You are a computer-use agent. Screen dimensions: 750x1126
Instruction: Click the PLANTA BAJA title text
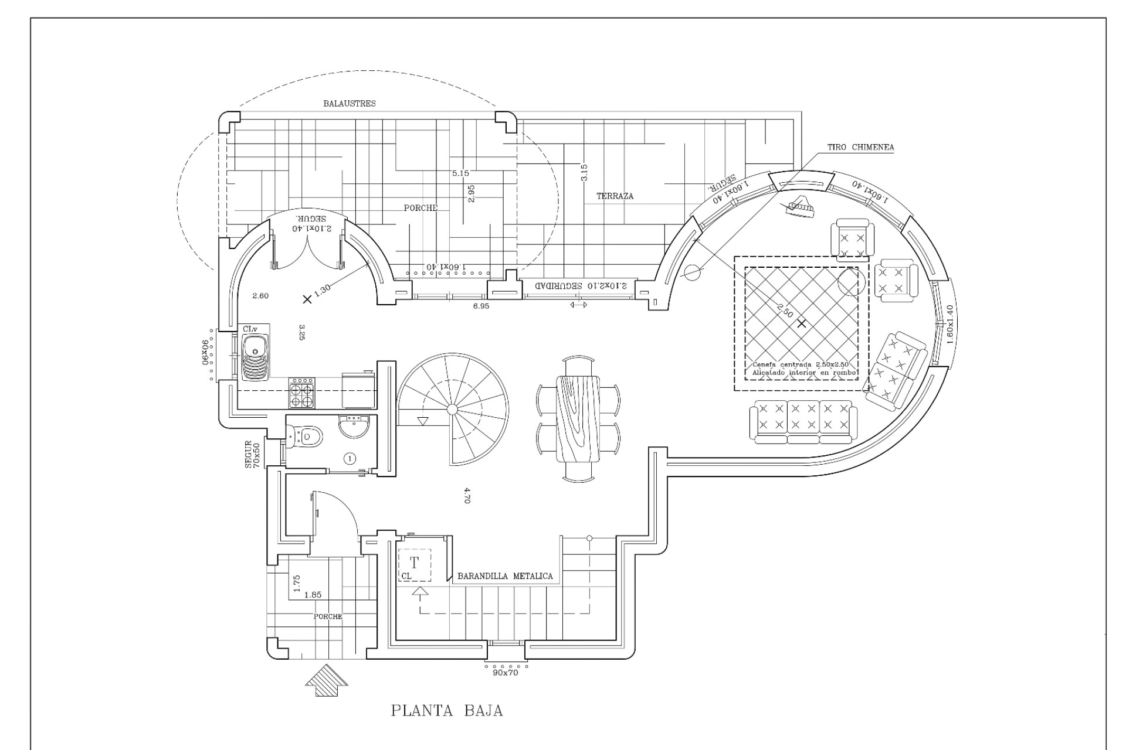point(447,711)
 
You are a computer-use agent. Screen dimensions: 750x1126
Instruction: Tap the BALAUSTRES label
point(350,104)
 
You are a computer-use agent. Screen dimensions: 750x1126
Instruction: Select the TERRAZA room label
point(615,196)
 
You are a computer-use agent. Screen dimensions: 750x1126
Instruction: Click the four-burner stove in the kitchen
point(302,393)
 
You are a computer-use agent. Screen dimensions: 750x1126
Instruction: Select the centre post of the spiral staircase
point(452,408)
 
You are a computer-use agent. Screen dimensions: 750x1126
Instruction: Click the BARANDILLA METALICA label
point(505,577)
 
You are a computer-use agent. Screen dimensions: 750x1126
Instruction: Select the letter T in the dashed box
point(415,563)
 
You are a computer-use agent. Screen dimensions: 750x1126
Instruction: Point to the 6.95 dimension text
point(481,306)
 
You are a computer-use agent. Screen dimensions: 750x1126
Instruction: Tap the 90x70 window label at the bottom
point(506,673)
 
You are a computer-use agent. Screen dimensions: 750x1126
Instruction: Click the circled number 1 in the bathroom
point(350,458)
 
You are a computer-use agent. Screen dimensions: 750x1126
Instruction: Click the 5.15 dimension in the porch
point(460,173)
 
